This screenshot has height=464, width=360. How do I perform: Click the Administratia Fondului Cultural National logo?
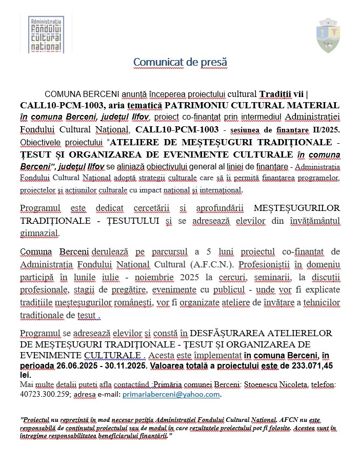coord(46,34)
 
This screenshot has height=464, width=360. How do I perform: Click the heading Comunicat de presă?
coord(180,62)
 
